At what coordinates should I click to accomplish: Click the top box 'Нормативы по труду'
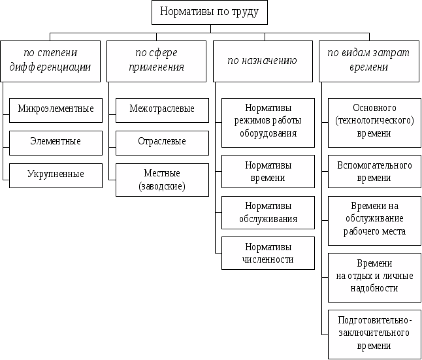[210, 12]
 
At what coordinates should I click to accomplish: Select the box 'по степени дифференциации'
[50, 61]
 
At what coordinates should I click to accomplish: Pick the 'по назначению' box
[263, 61]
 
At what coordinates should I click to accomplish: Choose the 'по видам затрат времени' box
[369, 61]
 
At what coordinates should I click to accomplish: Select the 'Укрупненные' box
[56, 175]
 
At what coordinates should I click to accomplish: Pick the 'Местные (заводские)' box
[162, 180]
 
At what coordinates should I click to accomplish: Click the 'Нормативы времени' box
[268, 171]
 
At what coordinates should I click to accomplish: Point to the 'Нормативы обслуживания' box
[268, 212]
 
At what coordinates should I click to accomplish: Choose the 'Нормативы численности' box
[268, 253]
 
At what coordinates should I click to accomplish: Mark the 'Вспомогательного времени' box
[374, 171]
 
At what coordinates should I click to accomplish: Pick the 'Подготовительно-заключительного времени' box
[374, 334]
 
